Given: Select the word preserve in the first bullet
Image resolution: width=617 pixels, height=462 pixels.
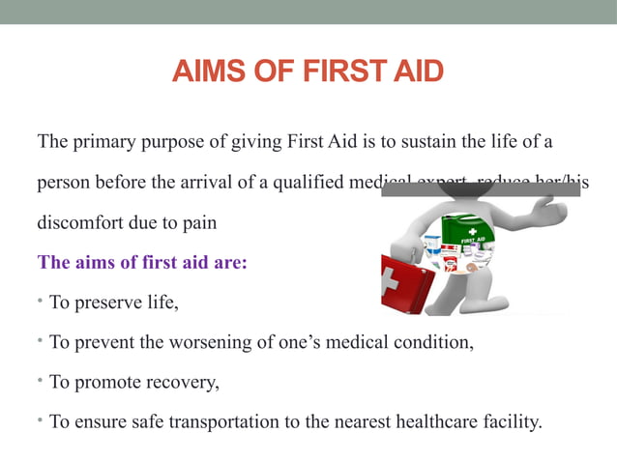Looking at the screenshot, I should [102, 302].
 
